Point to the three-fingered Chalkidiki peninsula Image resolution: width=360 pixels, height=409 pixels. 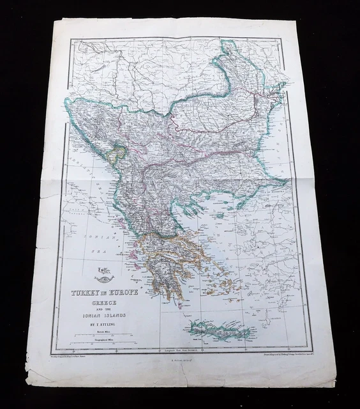pyautogui.click(x=192, y=204)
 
